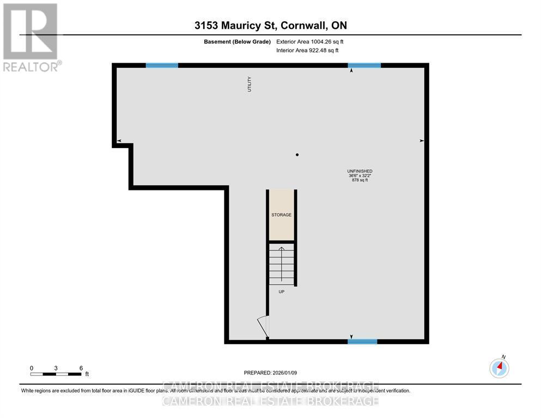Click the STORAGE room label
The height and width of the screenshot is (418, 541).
click(281, 215)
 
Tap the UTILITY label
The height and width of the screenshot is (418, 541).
click(250, 84)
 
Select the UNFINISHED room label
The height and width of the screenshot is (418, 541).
click(360, 171)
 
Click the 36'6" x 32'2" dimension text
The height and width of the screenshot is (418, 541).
click(360, 176)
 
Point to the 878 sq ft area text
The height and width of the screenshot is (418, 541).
click(360, 180)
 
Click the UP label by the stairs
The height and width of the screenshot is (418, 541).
click(281, 292)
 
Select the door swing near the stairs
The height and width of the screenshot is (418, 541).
click(264, 327)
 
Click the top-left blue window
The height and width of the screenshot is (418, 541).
click(162, 65)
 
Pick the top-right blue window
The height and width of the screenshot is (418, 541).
click(364, 65)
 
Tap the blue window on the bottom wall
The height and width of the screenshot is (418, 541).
click(362, 342)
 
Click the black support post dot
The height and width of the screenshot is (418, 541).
click(297, 155)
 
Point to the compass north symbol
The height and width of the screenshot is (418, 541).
click(499, 368)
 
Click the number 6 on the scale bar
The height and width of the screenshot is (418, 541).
click(81, 368)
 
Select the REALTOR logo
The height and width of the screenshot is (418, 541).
click(31, 37)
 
